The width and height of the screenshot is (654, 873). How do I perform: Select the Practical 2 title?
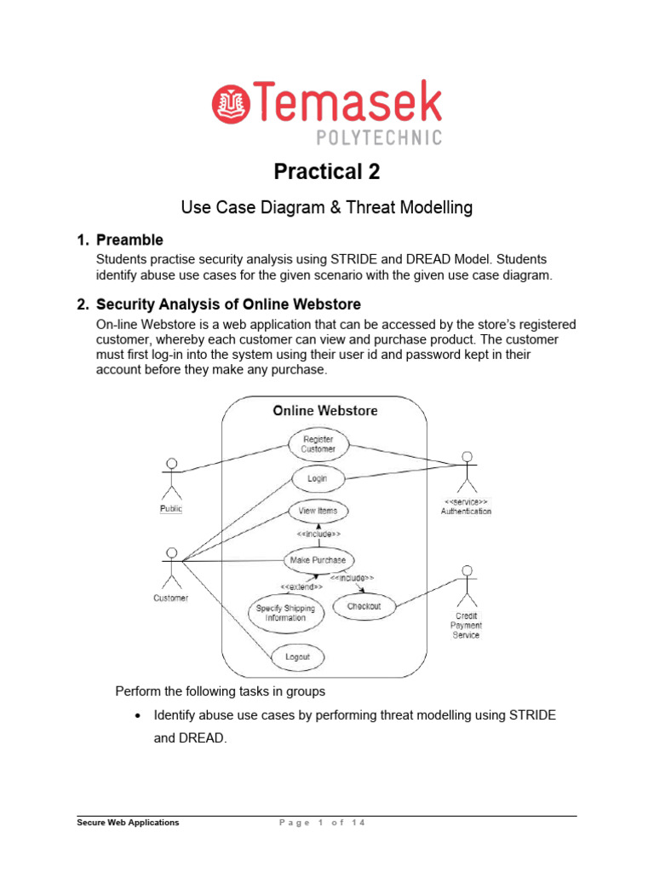click(x=326, y=172)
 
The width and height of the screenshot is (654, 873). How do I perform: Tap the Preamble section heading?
click(x=129, y=240)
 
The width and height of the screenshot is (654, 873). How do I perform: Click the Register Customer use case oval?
click(x=318, y=444)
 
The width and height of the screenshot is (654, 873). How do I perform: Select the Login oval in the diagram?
click(x=317, y=478)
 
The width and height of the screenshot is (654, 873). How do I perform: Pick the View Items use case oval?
click(x=318, y=511)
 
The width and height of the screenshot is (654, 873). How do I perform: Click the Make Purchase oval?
click(x=318, y=560)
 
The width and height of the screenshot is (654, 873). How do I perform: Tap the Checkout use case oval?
click(x=364, y=607)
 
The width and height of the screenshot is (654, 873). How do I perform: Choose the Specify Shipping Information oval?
click(x=285, y=613)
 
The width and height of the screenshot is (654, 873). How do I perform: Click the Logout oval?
click(x=297, y=657)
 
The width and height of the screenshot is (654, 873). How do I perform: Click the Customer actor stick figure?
click(x=172, y=567)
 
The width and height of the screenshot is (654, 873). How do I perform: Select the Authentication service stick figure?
click(x=466, y=470)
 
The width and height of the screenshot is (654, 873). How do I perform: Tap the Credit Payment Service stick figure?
click(x=466, y=584)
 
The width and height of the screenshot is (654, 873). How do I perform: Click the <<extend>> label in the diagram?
click(x=301, y=587)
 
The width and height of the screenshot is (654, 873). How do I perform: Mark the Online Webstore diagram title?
click(x=324, y=411)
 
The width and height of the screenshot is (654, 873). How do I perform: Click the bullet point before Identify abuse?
click(x=138, y=715)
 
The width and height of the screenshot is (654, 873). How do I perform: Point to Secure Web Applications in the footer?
click(x=128, y=823)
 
